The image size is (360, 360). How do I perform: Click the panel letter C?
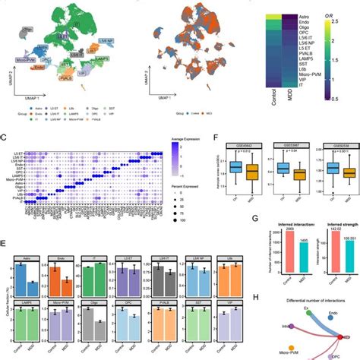point(4,137)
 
